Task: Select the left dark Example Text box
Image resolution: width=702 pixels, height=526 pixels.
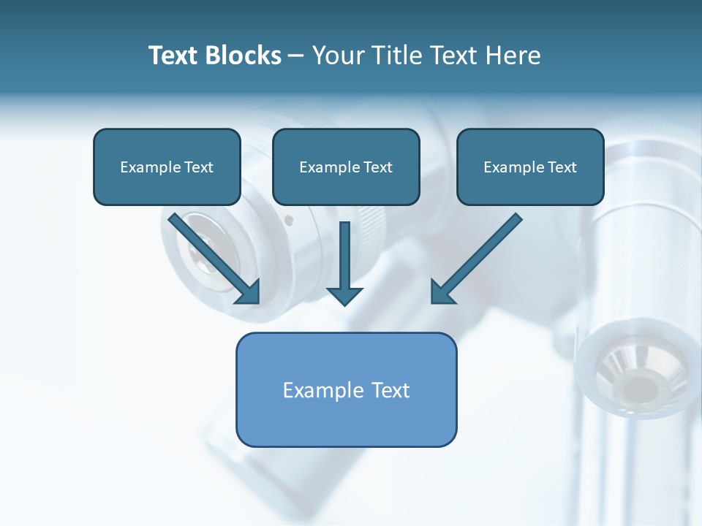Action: click(167, 167)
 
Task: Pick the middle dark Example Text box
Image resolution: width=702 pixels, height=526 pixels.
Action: click(346, 167)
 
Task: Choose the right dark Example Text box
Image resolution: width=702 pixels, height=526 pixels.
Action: click(530, 167)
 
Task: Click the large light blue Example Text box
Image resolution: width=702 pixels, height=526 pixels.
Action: click(346, 389)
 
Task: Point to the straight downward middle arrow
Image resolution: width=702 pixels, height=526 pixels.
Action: click(344, 256)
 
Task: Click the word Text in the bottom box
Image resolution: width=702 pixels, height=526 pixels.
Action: click(391, 390)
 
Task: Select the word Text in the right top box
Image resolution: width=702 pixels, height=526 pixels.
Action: click(562, 167)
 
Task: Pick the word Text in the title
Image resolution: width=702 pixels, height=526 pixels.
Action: click(177, 56)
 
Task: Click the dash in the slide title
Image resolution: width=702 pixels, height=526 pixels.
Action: click(296, 56)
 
